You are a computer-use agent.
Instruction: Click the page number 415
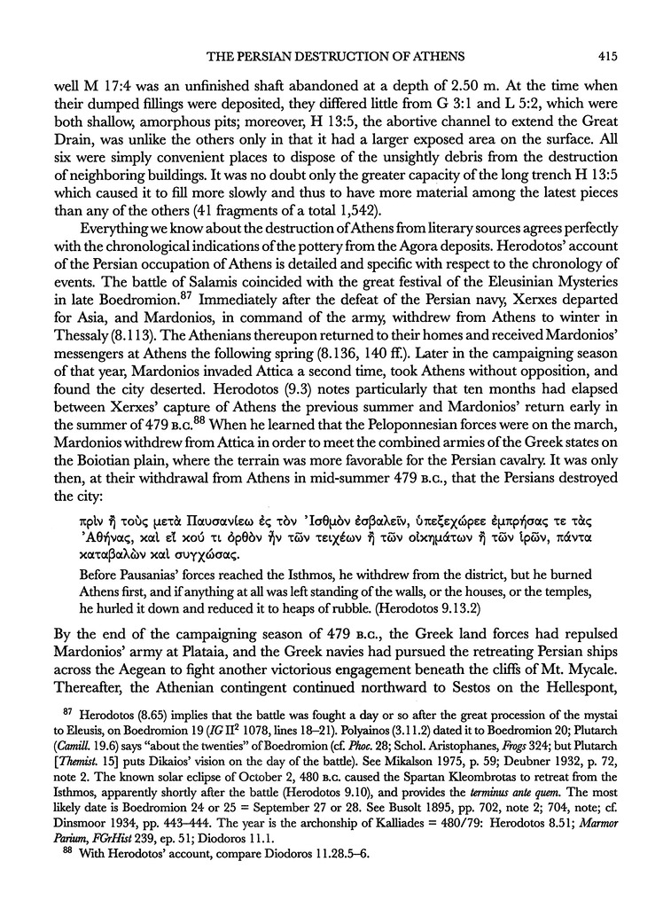pyautogui.click(x=606, y=58)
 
